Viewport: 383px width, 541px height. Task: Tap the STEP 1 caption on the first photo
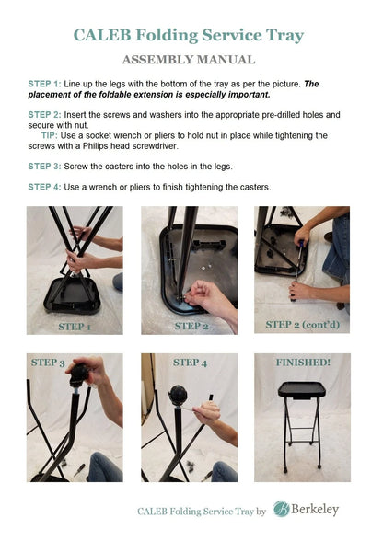coord(75,327)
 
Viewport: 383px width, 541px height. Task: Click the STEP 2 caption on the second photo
coord(191,327)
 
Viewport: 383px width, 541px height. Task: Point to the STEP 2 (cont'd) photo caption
coord(302,325)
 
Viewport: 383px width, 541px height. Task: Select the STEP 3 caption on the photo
coord(48,363)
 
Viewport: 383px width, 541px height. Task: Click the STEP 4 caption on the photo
coord(189,363)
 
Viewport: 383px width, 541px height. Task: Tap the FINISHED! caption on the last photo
coord(302,363)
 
